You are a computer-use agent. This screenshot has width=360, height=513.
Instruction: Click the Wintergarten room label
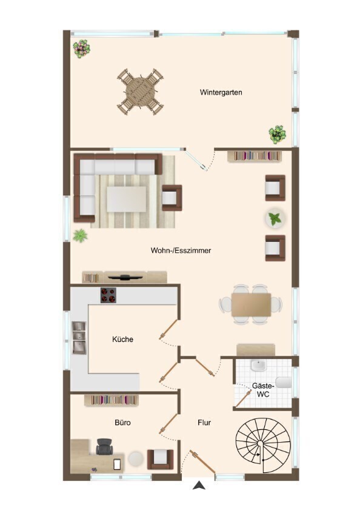click(x=221, y=92)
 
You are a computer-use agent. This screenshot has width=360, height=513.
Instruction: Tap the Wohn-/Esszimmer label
click(x=181, y=250)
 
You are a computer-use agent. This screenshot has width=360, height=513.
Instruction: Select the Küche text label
click(x=122, y=340)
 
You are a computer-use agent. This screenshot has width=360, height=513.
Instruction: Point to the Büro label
click(x=122, y=423)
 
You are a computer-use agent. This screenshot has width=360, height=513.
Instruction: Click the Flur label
click(x=204, y=423)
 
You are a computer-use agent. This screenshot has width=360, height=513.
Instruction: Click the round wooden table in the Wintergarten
click(x=141, y=90)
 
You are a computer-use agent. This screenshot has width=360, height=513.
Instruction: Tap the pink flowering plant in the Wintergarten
click(x=81, y=49)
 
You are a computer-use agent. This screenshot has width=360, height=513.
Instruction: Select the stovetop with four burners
click(x=108, y=295)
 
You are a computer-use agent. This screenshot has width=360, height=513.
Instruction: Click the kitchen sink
click(x=79, y=337)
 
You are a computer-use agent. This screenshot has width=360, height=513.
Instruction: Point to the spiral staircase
click(x=263, y=444)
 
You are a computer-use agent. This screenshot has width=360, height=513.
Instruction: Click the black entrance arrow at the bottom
click(x=199, y=486)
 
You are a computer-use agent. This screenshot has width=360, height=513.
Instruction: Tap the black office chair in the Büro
click(x=105, y=447)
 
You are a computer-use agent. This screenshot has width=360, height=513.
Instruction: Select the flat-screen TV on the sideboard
click(x=125, y=278)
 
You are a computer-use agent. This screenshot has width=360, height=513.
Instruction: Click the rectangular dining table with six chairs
click(x=251, y=304)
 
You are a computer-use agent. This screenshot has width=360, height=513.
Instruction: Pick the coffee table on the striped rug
click(x=127, y=199)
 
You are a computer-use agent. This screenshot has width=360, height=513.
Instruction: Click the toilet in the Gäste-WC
click(x=283, y=383)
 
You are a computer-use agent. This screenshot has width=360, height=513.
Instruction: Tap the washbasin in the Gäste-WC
click(x=259, y=366)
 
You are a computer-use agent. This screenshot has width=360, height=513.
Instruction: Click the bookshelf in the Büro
click(x=112, y=400)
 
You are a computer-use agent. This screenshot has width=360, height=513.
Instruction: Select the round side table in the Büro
click(x=136, y=458)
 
